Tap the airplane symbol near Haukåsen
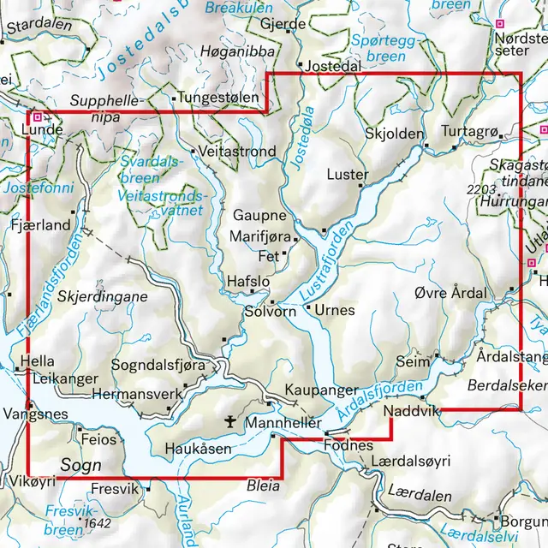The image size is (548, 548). [229, 420]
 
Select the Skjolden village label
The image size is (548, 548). [394, 134]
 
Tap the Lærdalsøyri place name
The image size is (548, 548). [410, 462]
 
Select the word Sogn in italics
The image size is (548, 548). [80, 464]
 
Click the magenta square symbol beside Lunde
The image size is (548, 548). [37, 116]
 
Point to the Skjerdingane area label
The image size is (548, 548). [103, 296]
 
